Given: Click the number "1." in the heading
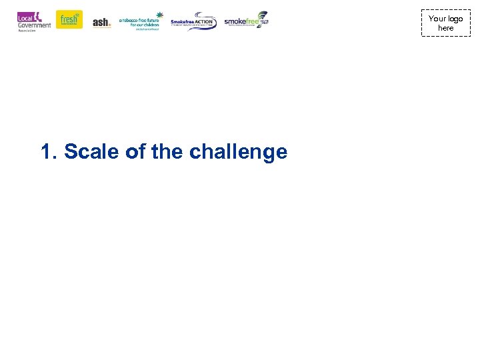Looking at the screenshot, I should pyautogui.click(x=50, y=152).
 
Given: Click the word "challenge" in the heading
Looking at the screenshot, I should pyautogui.click(x=238, y=153).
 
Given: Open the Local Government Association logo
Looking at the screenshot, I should pyautogui.click(x=34, y=21).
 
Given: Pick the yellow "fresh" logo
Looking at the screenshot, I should pyautogui.click(x=69, y=19).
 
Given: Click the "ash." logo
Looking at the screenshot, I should pyautogui.click(x=101, y=23).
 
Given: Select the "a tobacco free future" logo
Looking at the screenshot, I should pyautogui.click(x=140, y=21).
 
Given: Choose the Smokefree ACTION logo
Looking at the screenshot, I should pyautogui.click(x=192, y=21).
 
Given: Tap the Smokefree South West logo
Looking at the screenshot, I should pyautogui.click(x=246, y=21).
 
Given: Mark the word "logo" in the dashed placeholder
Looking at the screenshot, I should pyautogui.click(x=455, y=19).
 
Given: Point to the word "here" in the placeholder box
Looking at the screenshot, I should pyautogui.click(x=446, y=28).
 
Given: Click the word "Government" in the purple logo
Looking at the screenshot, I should pyautogui.click(x=34, y=25).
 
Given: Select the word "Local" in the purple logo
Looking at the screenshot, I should pyautogui.click(x=25, y=16).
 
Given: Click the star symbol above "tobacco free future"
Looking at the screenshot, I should pyautogui.click(x=159, y=14).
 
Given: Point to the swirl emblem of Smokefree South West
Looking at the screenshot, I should pyautogui.click(x=263, y=19).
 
